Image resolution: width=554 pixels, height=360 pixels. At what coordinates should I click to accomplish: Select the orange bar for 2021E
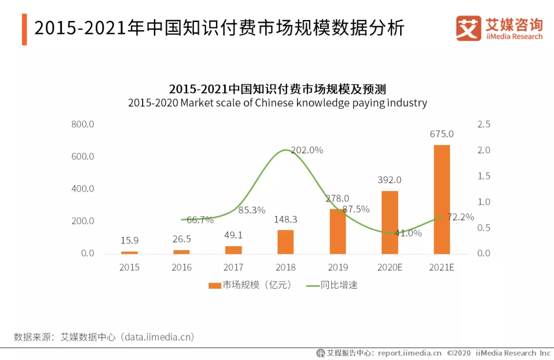tap(442, 199)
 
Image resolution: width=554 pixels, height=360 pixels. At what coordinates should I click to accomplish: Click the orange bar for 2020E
tap(390, 223)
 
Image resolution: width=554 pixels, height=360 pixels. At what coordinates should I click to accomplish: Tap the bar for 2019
tap(338, 231)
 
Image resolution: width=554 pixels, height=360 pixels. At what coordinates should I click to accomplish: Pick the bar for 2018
tap(286, 242)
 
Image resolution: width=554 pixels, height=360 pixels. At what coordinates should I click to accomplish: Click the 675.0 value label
tap(442, 134)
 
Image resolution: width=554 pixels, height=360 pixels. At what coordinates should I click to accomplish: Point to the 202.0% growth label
tap(307, 150)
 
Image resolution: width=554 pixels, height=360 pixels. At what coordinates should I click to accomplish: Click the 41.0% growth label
tap(408, 233)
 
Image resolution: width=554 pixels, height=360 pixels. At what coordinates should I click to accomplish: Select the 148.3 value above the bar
tap(286, 219)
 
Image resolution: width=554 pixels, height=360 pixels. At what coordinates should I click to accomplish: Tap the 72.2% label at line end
tap(460, 217)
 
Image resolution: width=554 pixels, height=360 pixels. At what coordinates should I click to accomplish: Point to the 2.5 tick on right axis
tap(484, 124)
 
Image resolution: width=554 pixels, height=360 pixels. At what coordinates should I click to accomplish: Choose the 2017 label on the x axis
tap(233, 267)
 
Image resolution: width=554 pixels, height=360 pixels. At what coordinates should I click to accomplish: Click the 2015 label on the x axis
tap(129, 267)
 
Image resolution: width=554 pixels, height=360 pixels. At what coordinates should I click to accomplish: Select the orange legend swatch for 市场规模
tap(215, 286)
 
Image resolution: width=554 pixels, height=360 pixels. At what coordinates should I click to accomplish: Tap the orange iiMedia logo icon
tap(468, 29)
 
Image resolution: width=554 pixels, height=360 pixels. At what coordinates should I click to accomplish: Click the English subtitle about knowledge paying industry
tap(278, 103)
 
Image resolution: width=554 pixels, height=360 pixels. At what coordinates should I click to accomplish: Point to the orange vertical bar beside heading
tap(24, 30)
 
